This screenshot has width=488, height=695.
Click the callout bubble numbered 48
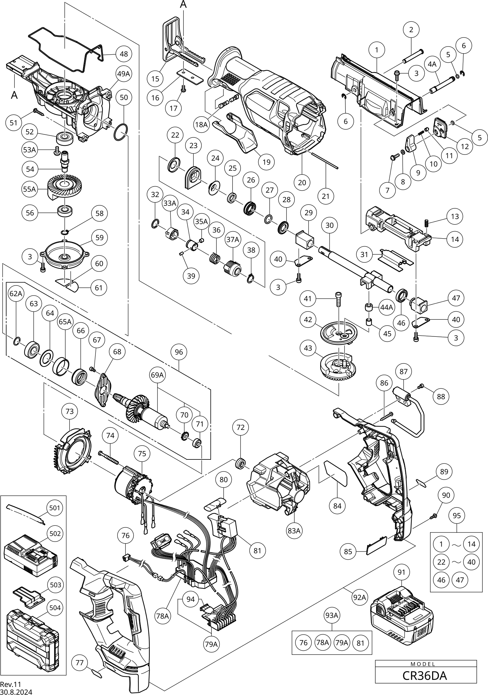[x=124, y=54]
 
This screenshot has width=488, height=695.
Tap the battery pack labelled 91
[x=402, y=617]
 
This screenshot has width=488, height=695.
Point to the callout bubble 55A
[x=29, y=189]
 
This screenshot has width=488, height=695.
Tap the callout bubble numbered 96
[x=179, y=352]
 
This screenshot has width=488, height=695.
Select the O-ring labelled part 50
[x=121, y=133]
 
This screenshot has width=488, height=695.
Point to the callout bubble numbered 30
[x=330, y=226]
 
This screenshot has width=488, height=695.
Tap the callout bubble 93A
[x=332, y=615]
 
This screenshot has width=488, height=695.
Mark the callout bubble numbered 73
[x=69, y=411]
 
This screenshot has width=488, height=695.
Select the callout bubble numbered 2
[x=411, y=29]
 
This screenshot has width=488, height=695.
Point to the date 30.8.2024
[x=16, y=691]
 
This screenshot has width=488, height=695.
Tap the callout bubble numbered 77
[x=80, y=662]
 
